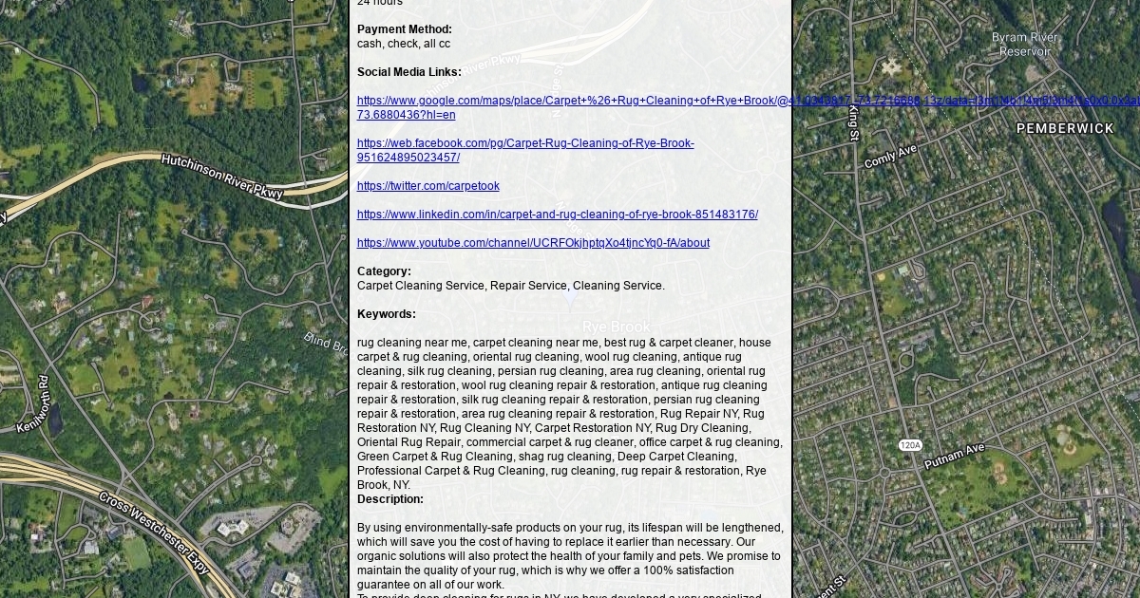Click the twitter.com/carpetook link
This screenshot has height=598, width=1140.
(x=427, y=186)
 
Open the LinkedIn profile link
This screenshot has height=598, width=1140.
(x=557, y=215)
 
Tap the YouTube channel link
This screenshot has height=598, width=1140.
(x=533, y=243)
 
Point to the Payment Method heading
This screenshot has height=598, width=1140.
(x=404, y=29)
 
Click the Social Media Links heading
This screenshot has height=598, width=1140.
(x=408, y=72)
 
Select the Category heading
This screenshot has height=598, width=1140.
(x=384, y=271)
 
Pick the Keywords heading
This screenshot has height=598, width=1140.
(x=386, y=314)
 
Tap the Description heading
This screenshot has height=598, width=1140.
(x=389, y=499)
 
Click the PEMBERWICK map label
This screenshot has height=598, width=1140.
(x=1065, y=128)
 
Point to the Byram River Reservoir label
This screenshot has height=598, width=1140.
(x=1025, y=45)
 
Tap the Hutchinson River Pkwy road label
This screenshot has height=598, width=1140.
(x=222, y=176)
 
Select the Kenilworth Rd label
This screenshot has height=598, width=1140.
(x=32, y=404)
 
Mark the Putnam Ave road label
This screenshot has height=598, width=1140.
(x=956, y=456)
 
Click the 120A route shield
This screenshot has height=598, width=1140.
(x=910, y=445)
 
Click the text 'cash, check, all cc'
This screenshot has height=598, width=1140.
(x=403, y=44)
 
